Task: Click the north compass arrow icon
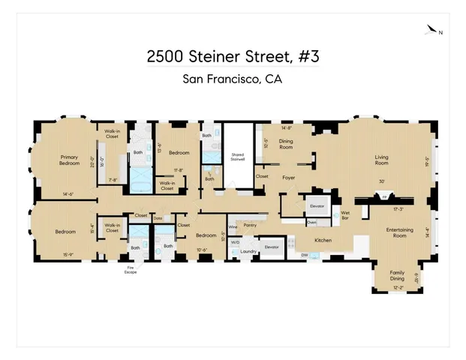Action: [x=431, y=31]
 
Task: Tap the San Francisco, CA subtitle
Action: [x=233, y=79]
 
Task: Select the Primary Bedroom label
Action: [x=70, y=160]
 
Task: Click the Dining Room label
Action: [x=286, y=143]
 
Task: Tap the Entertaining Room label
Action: [x=390, y=232]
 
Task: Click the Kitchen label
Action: [x=323, y=240]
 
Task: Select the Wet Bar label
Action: [x=346, y=215]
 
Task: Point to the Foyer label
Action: [x=288, y=178]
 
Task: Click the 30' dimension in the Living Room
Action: [x=382, y=182]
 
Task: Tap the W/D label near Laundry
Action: [x=235, y=242]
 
